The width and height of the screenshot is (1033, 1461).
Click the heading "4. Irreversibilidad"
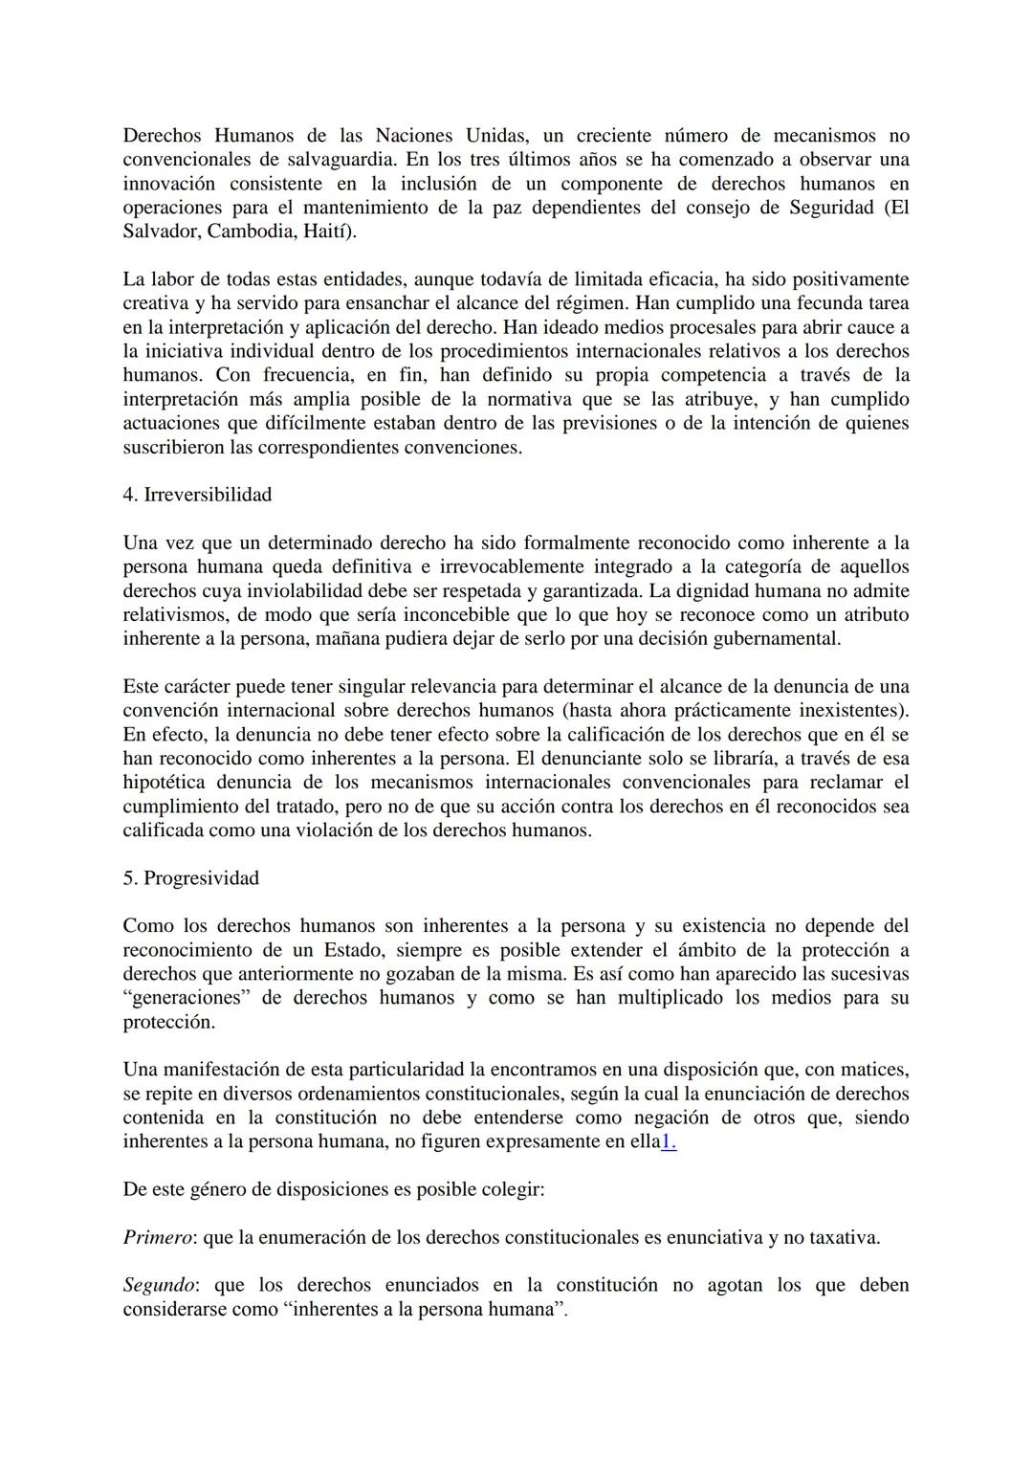[197, 495]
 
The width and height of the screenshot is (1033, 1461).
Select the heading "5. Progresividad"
[190, 878]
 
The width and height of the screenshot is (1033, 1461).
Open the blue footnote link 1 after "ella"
[669, 1141]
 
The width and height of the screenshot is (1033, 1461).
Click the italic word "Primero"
[158, 1237]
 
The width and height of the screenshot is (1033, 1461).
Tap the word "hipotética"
[169, 783]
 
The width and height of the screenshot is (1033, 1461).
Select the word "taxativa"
[842, 1237]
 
